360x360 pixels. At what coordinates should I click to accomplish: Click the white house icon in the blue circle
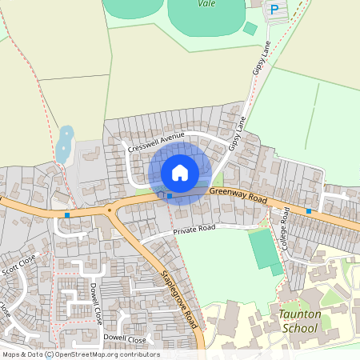180,173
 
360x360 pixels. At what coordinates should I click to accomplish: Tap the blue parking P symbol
274,10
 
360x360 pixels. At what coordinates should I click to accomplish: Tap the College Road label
286,228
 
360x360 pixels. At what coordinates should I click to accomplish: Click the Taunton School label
300,320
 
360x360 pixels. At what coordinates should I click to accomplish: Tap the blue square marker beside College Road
309,211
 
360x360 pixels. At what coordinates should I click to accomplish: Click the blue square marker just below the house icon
170,195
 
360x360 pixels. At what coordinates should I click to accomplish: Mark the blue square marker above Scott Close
67,214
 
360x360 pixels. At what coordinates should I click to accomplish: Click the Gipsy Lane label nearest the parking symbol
262,58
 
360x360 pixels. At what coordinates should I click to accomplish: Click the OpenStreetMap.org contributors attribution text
107,354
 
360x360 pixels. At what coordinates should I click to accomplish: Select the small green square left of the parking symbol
250,29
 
